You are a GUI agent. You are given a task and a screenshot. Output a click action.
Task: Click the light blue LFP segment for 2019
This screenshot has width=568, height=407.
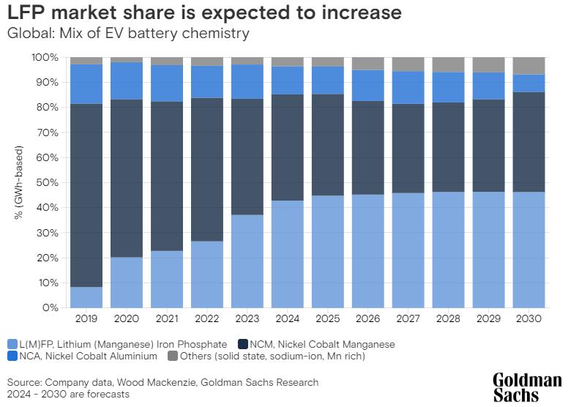86,297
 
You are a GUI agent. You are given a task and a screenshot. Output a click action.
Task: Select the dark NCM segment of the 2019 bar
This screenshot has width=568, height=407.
86,195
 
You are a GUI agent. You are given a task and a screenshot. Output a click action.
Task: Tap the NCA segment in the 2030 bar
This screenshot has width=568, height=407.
528,83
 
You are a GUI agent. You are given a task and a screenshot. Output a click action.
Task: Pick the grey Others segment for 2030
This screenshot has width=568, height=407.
528,65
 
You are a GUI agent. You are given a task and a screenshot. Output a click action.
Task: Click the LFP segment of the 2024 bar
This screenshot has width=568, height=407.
288,254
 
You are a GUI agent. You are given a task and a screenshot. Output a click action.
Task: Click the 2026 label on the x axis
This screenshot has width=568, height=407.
368,319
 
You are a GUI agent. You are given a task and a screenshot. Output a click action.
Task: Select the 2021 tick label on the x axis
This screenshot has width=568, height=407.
167,319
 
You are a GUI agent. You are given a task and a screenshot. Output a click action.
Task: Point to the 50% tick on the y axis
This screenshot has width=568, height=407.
48,182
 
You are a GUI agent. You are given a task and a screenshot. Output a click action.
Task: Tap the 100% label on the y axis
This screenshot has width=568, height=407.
45,57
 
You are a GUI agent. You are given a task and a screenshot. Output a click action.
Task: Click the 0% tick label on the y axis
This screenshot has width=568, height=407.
51,307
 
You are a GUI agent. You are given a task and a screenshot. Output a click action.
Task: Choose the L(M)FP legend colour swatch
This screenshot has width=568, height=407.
12,344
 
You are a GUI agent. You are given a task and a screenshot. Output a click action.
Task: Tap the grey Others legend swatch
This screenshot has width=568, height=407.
194,356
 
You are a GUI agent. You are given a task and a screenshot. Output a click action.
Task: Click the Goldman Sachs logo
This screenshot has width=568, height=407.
526,387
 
